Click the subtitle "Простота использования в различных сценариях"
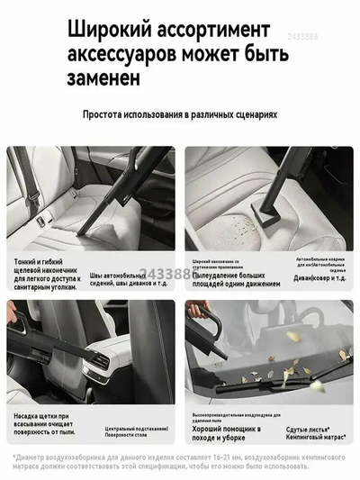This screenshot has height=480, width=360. (180, 115)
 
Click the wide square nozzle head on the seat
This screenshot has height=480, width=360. (265, 213)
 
